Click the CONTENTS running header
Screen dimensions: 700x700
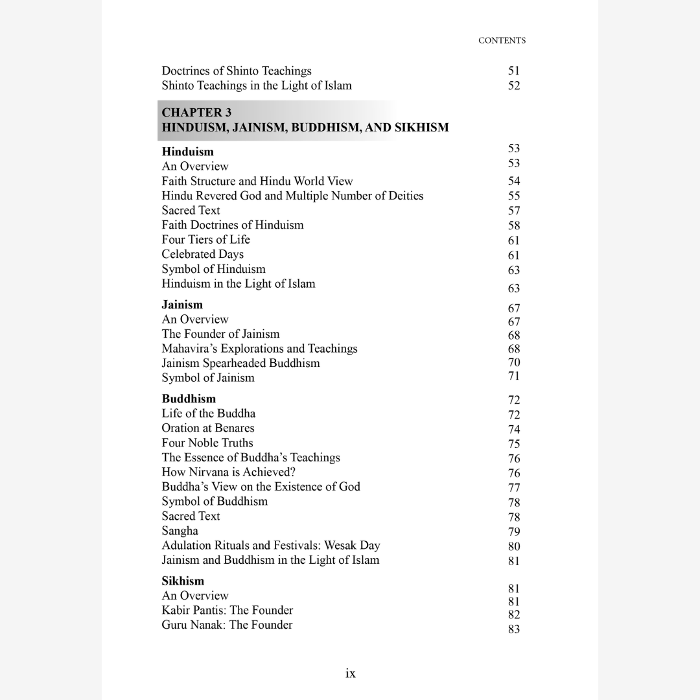pos(502,40)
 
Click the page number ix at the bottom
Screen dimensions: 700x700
pos(350,673)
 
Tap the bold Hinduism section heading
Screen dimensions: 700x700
pos(187,152)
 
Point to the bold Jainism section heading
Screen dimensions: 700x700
pos(182,305)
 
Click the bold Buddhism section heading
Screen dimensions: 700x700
pos(189,399)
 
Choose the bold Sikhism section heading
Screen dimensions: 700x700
pos(183,581)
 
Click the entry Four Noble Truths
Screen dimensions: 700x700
pos(207,443)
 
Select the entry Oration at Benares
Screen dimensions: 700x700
pos(208,428)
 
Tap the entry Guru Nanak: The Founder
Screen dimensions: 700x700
pos(227,625)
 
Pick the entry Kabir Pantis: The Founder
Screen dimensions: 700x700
pos(227,610)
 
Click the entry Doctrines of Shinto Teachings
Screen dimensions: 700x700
pos(237,71)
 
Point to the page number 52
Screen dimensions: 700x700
pos(514,86)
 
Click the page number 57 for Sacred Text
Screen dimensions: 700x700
pos(514,211)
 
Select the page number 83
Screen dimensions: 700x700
pos(514,629)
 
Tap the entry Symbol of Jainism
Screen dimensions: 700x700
pos(208,378)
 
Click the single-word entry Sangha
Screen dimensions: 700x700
pos(180,531)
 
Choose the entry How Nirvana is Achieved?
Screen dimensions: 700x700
pos(229,472)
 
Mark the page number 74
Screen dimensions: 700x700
pos(514,429)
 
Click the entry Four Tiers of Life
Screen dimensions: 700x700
pos(205,239)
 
